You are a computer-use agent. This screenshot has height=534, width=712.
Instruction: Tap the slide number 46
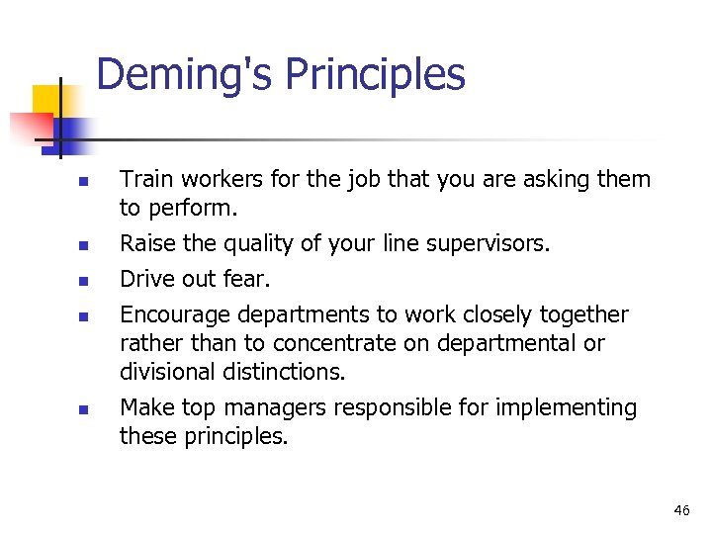[681, 510]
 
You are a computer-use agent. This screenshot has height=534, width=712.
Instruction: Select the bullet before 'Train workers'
[84, 182]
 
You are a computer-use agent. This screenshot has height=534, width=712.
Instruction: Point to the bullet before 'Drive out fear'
[84, 281]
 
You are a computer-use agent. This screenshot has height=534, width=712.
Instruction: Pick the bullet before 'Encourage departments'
[84, 316]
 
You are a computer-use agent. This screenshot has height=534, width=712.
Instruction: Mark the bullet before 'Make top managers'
[84, 408]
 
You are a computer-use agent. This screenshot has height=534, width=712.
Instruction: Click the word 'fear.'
[247, 279]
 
